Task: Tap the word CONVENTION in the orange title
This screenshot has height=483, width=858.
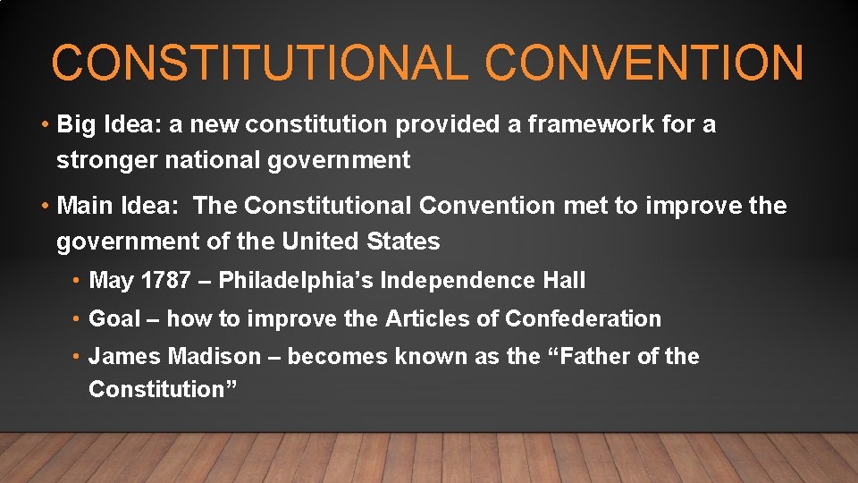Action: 644,64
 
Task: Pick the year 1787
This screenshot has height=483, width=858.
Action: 165,281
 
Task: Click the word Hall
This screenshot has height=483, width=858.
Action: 564,281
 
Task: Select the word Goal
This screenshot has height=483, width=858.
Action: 114,318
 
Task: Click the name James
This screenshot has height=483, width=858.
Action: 124,357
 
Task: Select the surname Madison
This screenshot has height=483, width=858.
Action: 214,357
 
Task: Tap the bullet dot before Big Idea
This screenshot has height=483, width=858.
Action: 44,125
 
